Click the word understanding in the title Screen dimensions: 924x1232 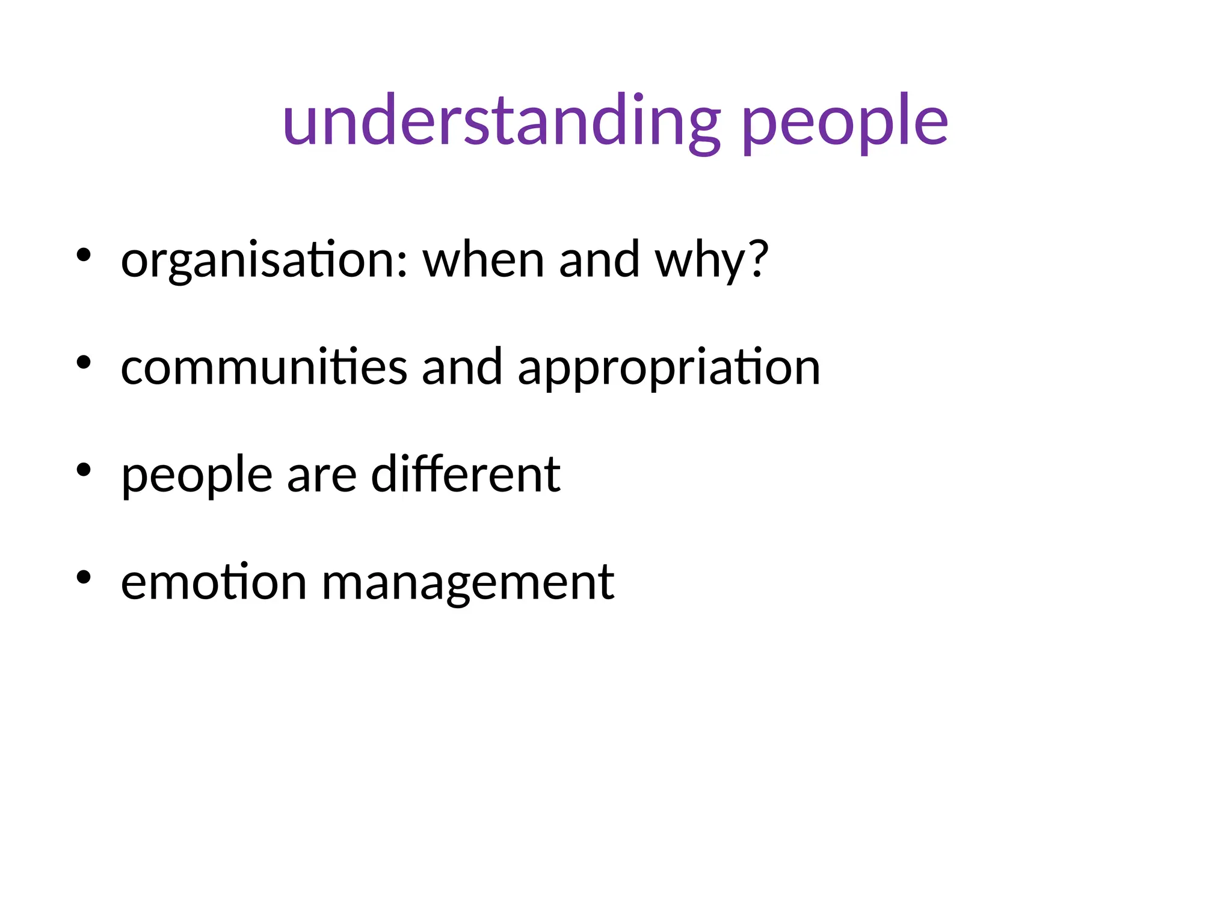[x=501, y=120]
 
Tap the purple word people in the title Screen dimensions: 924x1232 [x=845, y=123]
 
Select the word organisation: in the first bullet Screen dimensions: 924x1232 [x=265, y=260]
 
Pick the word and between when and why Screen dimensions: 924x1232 [x=599, y=259]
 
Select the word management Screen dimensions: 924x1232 [x=468, y=584]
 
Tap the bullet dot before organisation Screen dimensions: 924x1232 [x=84, y=255]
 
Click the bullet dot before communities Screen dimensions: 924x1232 [x=84, y=362]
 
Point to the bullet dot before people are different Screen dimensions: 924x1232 [x=84, y=469]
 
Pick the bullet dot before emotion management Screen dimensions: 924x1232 [x=84, y=577]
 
